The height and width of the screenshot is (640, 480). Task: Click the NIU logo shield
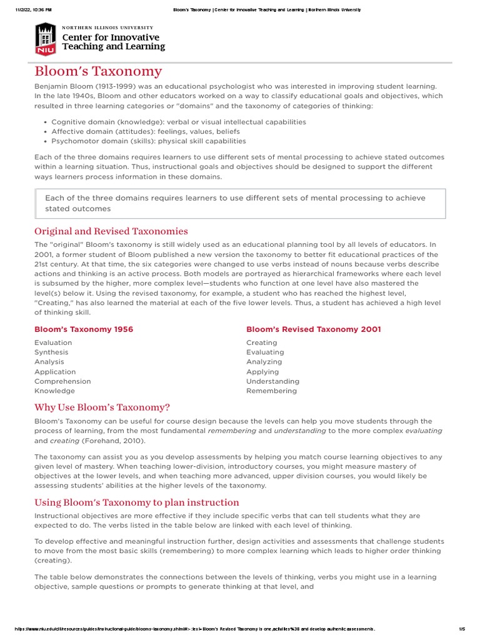(x=45, y=38)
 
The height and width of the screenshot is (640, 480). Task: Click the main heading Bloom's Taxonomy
(x=98, y=71)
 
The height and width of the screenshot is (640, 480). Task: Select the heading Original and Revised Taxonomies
(x=111, y=231)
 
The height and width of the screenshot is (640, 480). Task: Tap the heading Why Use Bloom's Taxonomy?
(x=102, y=407)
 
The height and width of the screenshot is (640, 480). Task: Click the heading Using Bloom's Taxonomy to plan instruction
(x=136, y=502)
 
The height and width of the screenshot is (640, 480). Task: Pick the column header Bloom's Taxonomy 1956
(x=84, y=329)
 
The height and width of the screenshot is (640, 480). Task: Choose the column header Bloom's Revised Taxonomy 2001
(x=313, y=329)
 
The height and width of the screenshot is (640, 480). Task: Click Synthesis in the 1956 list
(x=51, y=352)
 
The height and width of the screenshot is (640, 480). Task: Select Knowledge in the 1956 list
(x=55, y=391)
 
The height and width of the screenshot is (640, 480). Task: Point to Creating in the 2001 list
(x=261, y=343)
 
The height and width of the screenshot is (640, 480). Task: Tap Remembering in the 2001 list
(x=271, y=391)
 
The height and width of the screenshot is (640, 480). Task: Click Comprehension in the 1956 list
(x=62, y=381)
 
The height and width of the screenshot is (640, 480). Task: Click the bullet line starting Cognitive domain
(x=179, y=122)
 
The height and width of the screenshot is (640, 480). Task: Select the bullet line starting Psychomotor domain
(x=149, y=141)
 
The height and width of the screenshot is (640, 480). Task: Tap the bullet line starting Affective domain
(x=146, y=132)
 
